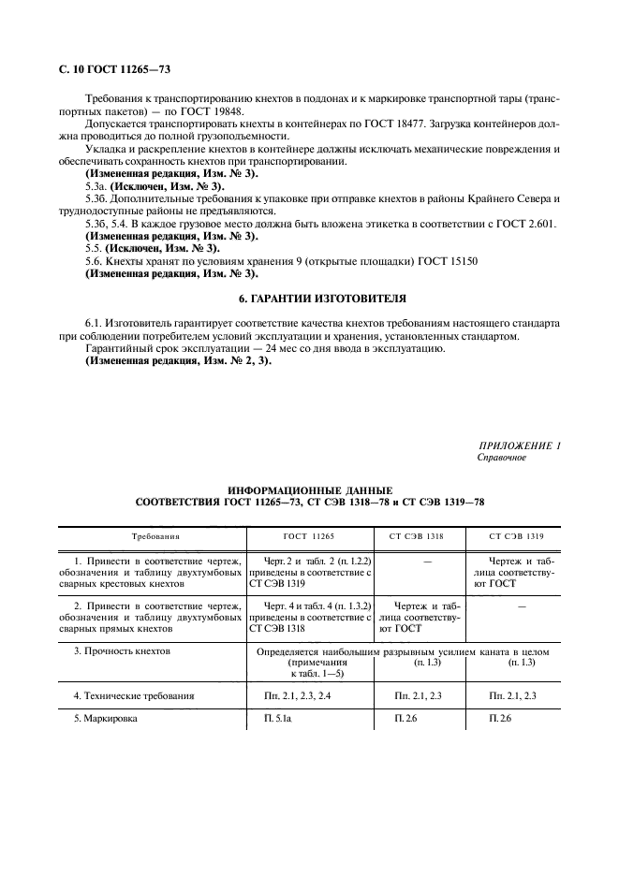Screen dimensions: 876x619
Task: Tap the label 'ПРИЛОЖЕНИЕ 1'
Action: [519, 445]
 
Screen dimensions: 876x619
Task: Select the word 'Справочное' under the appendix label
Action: [502, 458]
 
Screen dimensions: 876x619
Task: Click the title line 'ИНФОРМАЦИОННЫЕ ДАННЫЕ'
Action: [310, 489]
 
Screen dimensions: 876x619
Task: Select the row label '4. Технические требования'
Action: [134, 695]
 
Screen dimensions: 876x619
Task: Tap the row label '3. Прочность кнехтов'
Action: [122, 650]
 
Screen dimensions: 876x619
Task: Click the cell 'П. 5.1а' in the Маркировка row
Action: [280, 720]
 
